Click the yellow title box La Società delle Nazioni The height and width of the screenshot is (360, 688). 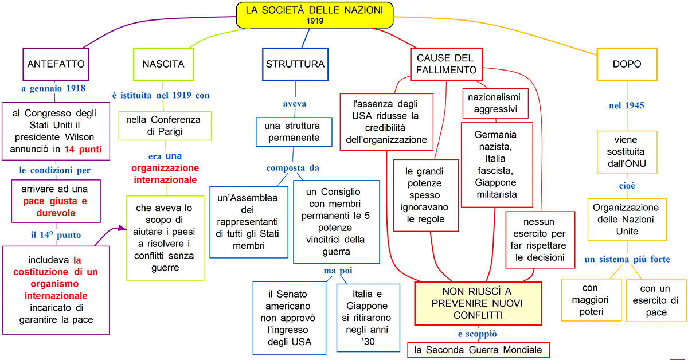point(315,14)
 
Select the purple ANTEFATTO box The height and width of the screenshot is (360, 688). point(56,64)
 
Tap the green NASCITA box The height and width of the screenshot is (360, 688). point(163,64)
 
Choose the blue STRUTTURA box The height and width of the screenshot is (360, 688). point(295,64)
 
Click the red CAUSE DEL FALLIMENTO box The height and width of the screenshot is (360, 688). point(447,64)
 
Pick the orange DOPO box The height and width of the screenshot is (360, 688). point(626,64)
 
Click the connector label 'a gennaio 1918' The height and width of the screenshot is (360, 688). point(53,88)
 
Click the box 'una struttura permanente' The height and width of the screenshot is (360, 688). point(295,131)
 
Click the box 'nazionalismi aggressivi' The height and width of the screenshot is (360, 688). point(496,103)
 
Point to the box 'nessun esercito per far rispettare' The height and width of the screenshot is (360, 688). point(540,240)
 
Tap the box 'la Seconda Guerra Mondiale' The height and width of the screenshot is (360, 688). point(479,350)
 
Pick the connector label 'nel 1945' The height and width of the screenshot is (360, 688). point(626,105)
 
